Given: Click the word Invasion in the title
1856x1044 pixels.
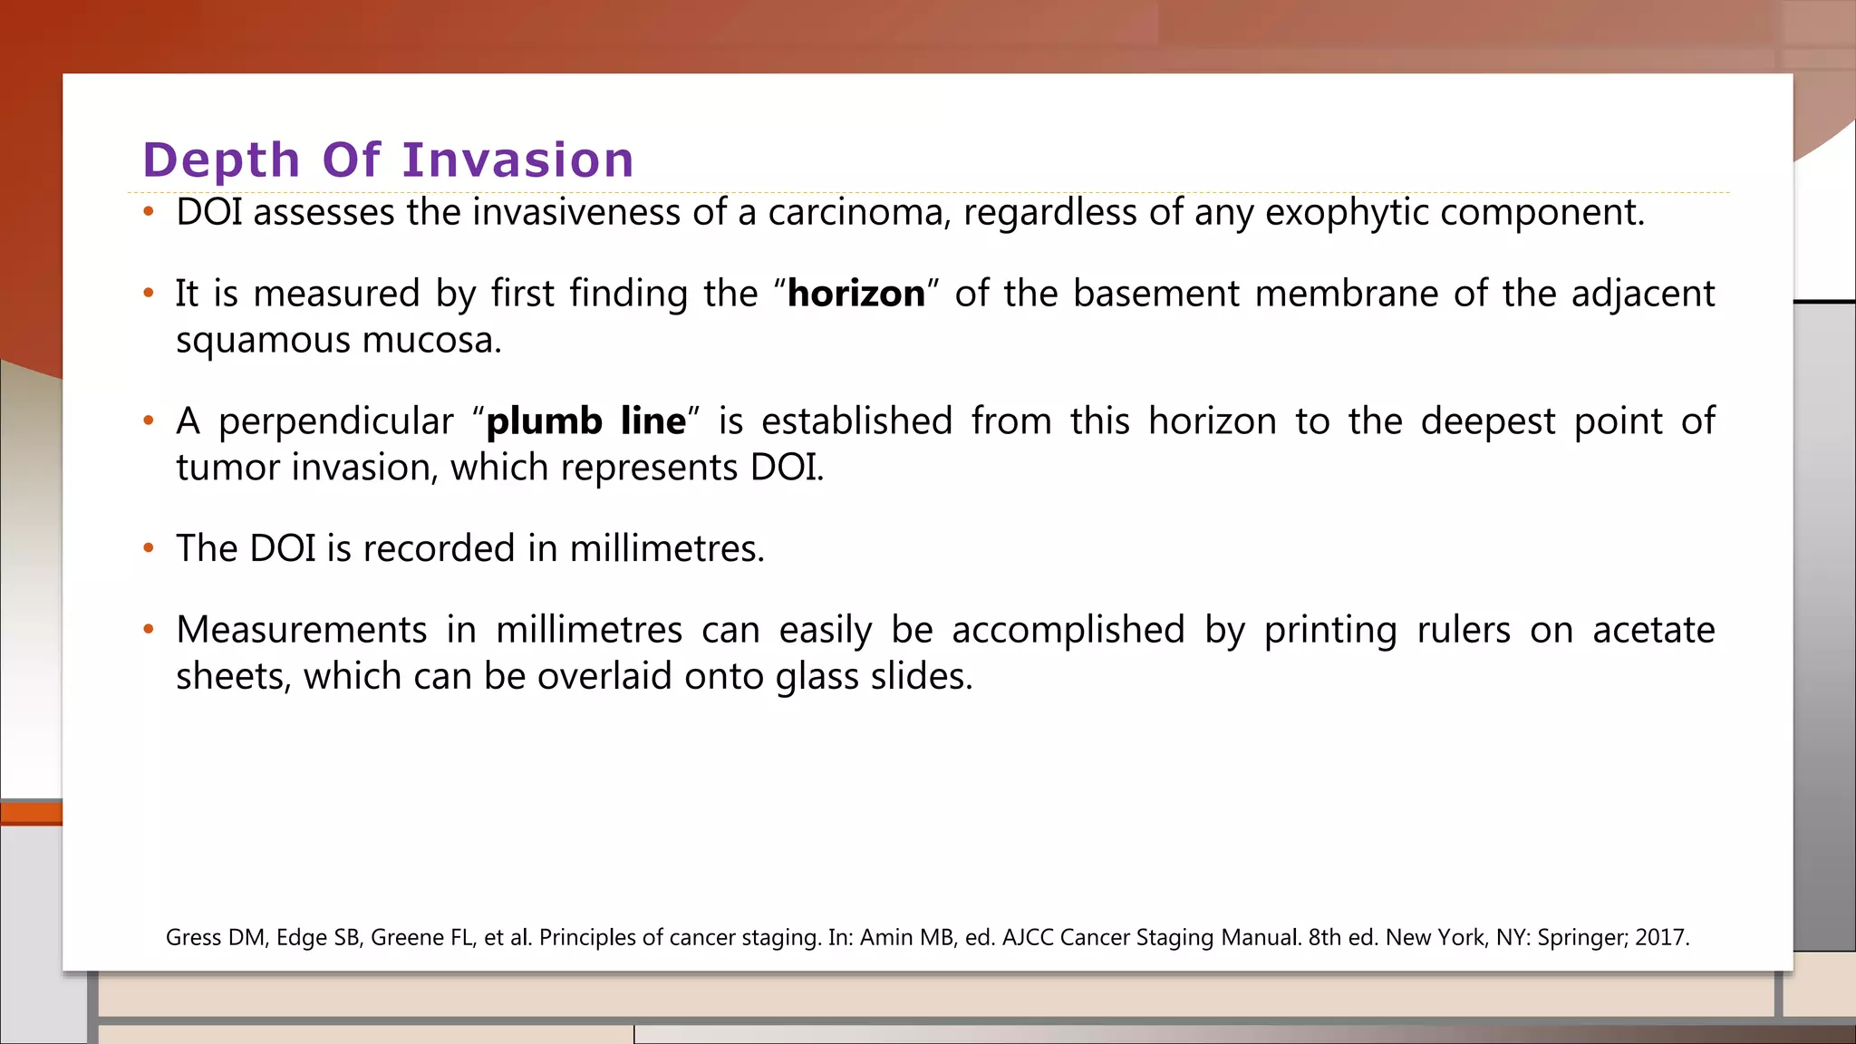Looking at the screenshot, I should coord(517,160).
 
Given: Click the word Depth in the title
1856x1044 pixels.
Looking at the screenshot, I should coord(221,160).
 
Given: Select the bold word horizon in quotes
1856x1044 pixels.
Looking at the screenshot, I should coord(856,294).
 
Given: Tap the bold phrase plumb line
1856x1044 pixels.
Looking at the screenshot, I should coord(586,421).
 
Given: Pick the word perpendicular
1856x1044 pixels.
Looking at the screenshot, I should coord(335,422).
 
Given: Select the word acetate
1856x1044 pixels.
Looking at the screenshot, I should coord(1653,630).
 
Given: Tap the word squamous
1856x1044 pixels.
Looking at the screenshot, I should coord(263,341).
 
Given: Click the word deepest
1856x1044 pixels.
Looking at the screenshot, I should coord(1487,422).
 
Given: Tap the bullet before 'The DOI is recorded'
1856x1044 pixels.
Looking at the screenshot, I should coord(149,548).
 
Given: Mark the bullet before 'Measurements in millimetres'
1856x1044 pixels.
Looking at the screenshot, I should coord(149,629).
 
